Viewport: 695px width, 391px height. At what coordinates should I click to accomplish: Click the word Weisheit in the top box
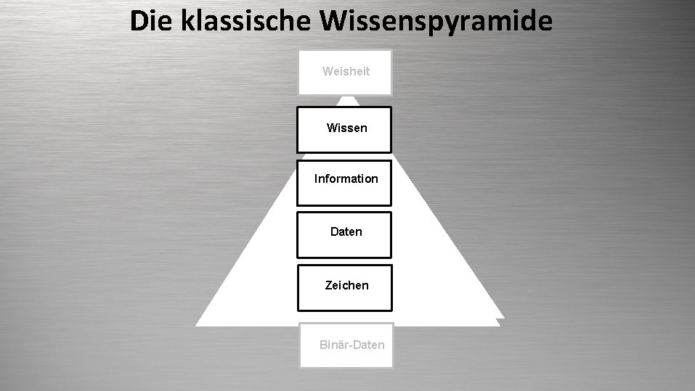point(346,71)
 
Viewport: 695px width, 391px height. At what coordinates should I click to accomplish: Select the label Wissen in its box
point(346,128)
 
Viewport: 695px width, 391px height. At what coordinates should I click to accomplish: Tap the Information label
point(346,178)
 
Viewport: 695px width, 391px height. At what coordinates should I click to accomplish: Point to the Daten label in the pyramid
point(346,232)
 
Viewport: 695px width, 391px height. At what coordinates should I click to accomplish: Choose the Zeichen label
point(346,285)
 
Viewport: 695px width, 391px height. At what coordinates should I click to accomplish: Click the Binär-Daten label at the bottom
point(351,344)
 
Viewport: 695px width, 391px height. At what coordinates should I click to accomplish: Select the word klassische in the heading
point(244,21)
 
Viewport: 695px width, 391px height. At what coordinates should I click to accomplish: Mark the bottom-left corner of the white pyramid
point(198,325)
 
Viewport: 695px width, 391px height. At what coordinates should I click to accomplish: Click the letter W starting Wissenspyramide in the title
point(333,21)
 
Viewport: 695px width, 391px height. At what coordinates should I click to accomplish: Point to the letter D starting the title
point(139,21)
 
